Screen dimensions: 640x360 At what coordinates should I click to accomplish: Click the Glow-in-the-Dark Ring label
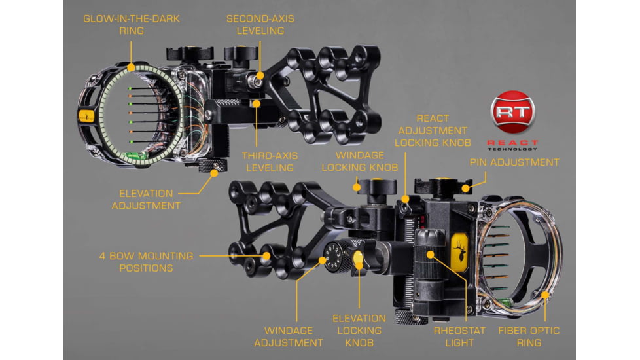132,24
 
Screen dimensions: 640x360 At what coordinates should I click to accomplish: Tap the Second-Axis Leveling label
260,24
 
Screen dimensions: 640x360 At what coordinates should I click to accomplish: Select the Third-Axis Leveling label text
270,162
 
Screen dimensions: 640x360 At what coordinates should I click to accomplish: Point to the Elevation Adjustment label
146,200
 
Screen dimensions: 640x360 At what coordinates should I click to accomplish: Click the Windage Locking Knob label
360,161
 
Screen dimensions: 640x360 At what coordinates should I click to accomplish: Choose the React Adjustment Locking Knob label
433,131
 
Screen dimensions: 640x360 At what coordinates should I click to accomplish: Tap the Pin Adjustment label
514,162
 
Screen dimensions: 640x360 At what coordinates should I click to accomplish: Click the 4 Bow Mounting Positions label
146,262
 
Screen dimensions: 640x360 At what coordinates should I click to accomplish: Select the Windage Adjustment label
289,336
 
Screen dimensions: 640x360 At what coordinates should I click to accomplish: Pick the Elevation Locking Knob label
359,331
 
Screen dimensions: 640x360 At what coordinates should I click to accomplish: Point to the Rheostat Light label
459,336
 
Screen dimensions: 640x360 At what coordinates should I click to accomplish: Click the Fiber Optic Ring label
529,336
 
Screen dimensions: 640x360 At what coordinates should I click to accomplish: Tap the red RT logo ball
512,112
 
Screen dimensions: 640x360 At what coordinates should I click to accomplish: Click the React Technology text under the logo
512,145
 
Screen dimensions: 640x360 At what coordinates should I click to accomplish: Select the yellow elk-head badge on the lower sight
460,252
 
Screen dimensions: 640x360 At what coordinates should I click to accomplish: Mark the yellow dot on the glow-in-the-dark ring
131,67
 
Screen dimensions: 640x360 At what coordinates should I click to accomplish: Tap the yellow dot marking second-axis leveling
260,75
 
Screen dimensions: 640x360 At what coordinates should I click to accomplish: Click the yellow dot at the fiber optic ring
545,295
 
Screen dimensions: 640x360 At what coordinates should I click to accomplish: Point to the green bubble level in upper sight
137,156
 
